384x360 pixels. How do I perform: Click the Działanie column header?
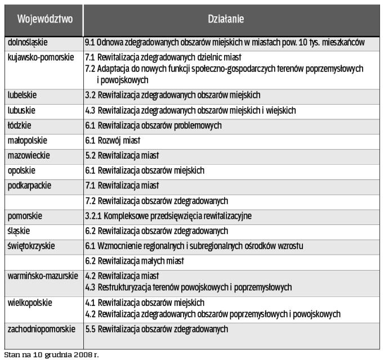coord(233,20)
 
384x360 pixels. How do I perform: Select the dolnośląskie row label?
coord(28,43)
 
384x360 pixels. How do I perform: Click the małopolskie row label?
coord(27,140)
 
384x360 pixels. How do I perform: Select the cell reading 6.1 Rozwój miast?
coord(112,140)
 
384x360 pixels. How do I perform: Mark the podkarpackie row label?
coord(28,185)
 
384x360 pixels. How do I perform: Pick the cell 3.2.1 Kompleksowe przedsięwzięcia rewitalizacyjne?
coord(168,215)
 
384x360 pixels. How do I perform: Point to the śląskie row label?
coord(19,231)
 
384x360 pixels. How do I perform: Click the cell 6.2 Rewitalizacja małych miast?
coord(135,261)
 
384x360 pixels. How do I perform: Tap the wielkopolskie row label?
coord(29,302)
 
